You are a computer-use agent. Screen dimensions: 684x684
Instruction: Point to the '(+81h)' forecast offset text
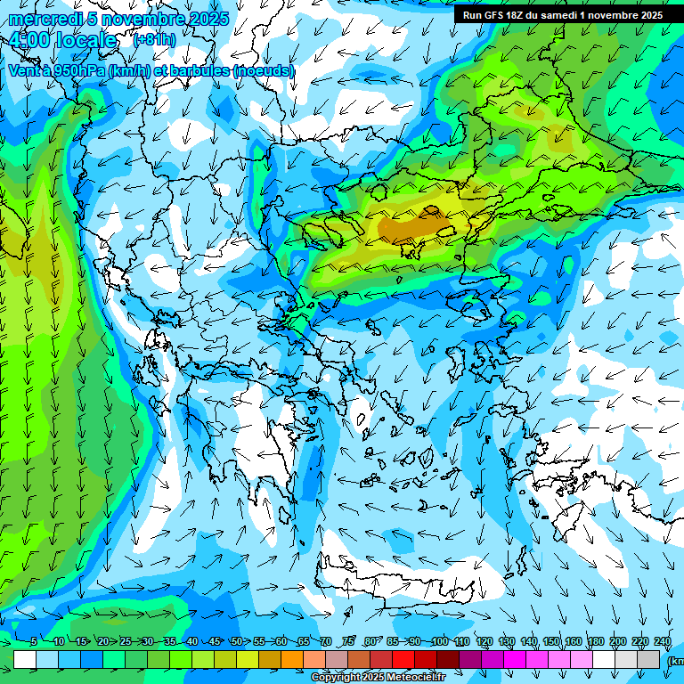pyautogui.click(x=154, y=40)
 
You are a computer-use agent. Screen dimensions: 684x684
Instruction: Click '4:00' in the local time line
pyautogui.click(x=32, y=41)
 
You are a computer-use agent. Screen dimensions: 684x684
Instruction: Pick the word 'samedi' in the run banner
pyautogui.click(x=566, y=15)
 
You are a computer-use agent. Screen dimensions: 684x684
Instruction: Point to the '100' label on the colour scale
pyautogui.click(x=439, y=642)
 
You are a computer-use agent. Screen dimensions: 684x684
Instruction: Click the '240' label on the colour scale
pyautogui.click(x=662, y=642)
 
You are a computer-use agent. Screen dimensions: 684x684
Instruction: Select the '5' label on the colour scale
pyautogui.click(x=34, y=642)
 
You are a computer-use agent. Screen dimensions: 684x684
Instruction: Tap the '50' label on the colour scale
pyautogui.click(x=236, y=642)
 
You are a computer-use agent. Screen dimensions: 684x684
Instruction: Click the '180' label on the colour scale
pyautogui.click(x=596, y=642)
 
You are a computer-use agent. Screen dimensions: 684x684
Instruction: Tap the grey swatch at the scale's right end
pyautogui.click(x=648, y=659)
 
